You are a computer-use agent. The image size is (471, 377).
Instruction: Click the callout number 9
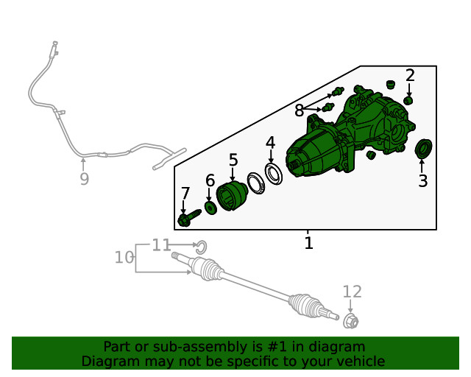point(85,179)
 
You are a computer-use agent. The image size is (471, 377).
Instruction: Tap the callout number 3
point(423,181)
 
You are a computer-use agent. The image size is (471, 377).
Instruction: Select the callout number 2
point(410,75)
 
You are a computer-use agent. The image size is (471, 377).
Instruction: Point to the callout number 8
point(300,110)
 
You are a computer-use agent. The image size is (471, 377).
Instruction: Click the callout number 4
point(270,143)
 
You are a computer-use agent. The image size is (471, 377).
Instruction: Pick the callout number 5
point(233,160)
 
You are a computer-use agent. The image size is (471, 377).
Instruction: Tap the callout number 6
point(210,180)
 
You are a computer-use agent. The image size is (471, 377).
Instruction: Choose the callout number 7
point(185,194)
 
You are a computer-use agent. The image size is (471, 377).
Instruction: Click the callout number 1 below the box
point(309,243)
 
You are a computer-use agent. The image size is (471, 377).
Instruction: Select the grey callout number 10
point(124,258)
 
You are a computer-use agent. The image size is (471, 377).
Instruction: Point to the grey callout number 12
point(353,292)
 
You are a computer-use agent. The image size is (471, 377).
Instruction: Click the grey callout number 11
point(161,245)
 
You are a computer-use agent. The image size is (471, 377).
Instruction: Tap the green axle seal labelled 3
point(423,148)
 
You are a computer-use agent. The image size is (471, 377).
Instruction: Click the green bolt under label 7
point(189,218)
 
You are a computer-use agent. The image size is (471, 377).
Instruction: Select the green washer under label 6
point(210,208)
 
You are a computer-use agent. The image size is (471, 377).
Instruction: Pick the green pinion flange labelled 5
point(232,196)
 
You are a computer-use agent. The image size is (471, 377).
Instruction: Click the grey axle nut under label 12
point(350,321)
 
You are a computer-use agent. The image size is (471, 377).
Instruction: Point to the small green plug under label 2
point(408,100)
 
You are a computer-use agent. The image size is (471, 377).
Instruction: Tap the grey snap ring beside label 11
point(202,247)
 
